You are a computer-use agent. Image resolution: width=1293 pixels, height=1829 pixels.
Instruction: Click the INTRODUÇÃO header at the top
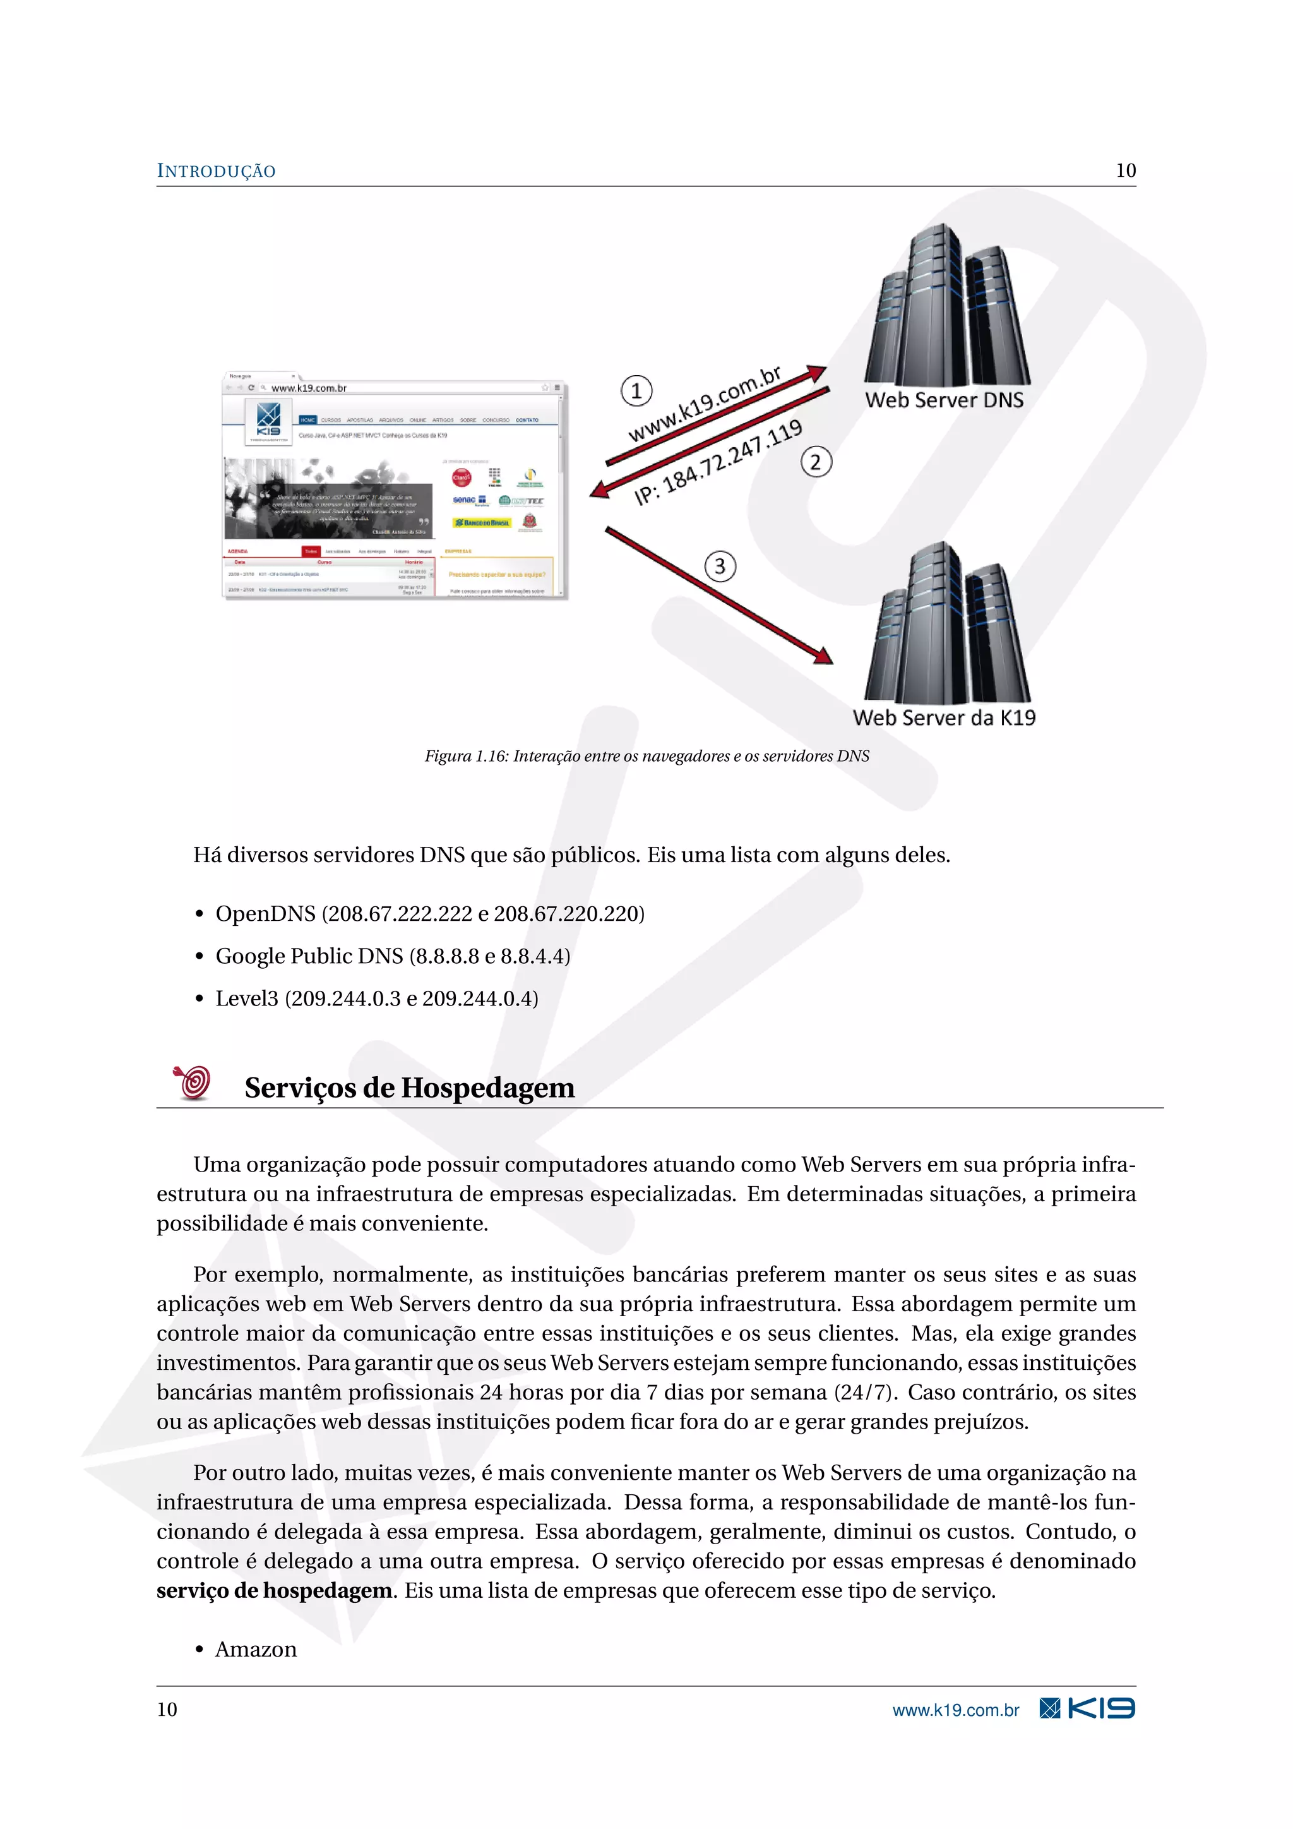216,171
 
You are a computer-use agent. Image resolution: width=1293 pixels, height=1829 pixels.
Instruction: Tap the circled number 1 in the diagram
636,391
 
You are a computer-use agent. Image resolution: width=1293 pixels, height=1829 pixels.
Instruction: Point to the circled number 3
720,567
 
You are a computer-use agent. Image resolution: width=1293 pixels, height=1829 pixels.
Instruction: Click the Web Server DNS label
944,400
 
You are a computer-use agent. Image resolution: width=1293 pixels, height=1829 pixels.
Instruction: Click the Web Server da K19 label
944,717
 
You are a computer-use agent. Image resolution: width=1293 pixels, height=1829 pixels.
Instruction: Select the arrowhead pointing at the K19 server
823,656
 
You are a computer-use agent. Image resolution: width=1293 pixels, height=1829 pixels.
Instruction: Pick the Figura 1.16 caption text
646,756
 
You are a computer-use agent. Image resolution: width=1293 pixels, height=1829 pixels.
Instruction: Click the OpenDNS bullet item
429,914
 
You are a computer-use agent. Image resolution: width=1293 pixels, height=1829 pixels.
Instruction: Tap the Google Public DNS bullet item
393,956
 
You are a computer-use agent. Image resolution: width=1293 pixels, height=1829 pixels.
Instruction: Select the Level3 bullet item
376,998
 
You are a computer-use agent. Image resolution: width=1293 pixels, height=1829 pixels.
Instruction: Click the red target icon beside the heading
193,1082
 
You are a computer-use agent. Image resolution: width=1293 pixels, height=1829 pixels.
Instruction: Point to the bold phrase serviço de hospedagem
274,1591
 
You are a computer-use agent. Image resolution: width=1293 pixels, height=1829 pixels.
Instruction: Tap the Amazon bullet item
256,1649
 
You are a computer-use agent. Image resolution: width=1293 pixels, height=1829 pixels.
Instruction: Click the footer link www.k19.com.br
955,1710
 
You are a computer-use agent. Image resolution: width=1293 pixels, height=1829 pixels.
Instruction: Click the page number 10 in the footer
167,1710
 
